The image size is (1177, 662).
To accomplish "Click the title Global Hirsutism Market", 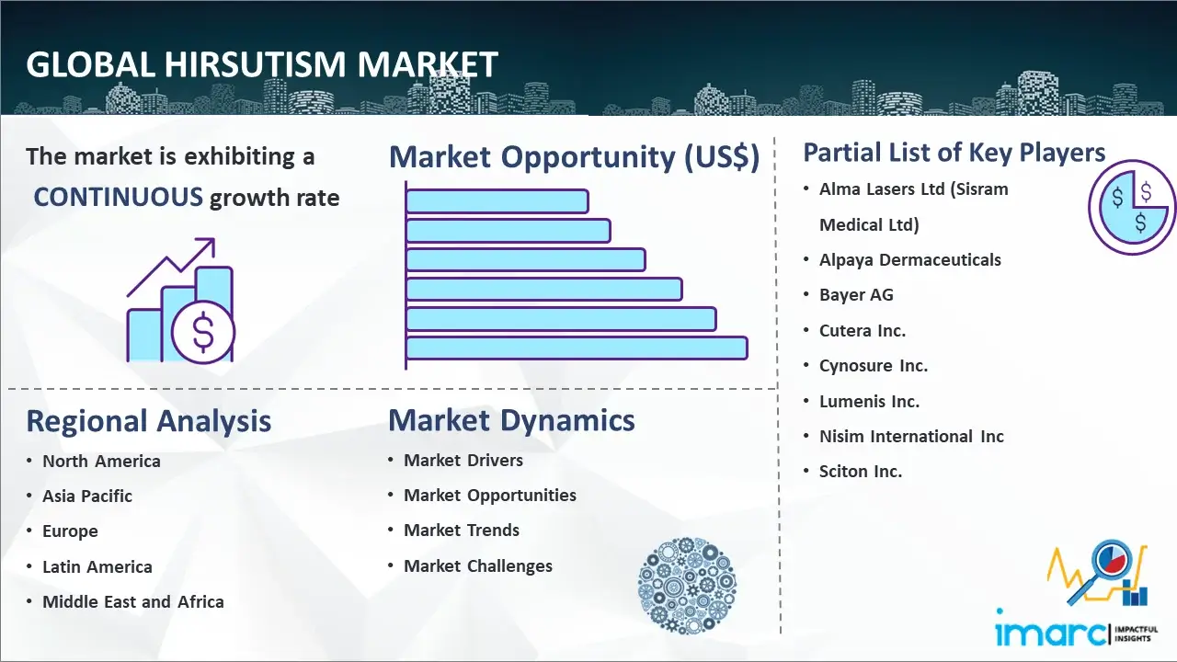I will pyautogui.click(x=262, y=65).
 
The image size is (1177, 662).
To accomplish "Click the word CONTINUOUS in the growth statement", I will pyautogui.click(x=118, y=197).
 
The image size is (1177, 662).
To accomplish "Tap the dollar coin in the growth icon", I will pyautogui.click(x=202, y=333).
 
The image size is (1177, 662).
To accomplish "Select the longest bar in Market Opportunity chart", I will pyautogui.click(x=577, y=348).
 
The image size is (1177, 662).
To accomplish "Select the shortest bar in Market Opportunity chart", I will pyautogui.click(x=497, y=200).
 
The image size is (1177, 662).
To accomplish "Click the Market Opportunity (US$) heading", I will pyautogui.click(x=574, y=157).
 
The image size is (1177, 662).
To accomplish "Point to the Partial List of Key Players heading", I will pyautogui.click(x=954, y=152).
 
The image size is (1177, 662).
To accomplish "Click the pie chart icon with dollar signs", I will pyautogui.click(x=1131, y=208).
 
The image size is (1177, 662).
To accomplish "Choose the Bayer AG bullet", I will pyautogui.click(x=856, y=295).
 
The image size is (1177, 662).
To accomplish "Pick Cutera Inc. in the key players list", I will pyautogui.click(x=862, y=331).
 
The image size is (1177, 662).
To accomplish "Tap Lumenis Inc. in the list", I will pyautogui.click(x=869, y=401).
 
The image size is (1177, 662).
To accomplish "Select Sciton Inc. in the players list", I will pyautogui.click(x=861, y=472).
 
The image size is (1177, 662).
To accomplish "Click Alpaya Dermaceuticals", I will pyautogui.click(x=909, y=260).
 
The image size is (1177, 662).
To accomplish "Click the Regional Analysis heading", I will pyautogui.click(x=148, y=421).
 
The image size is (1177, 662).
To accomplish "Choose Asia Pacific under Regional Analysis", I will pyautogui.click(x=87, y=496).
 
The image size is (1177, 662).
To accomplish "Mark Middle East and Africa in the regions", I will pyautogui.click(x=132, y=602).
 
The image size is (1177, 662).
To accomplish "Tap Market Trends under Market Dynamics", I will pyautogui.click(x=462, y=531).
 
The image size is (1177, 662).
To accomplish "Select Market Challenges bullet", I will pyautogui.click(x=478, y=566).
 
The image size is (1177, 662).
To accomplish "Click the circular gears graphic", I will pyautogui.click(x=687, y=586).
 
